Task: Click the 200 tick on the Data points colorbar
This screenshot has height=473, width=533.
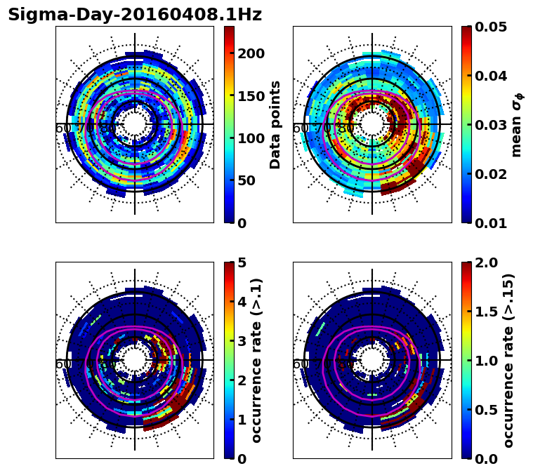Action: click(251, 54)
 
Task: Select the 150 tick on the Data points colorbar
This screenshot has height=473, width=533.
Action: click(251, 96)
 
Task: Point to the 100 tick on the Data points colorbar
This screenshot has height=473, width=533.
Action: click(251, 138)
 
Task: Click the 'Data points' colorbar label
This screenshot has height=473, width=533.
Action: click(275, 125)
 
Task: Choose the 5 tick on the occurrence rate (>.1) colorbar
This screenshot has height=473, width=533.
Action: click(242, 262)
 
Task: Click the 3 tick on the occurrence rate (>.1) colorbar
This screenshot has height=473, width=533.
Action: click(242, 341)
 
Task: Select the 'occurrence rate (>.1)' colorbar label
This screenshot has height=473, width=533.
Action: click(257, 361)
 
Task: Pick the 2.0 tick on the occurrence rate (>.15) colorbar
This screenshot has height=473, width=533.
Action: click(485, 262)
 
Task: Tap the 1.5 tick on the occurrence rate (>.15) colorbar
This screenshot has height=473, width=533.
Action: click(485, 312)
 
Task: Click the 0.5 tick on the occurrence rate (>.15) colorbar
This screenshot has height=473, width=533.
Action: click(485, 410)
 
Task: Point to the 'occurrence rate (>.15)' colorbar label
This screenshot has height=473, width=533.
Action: click(508, 361)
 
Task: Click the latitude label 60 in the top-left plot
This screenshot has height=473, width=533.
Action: click(62, 128)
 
